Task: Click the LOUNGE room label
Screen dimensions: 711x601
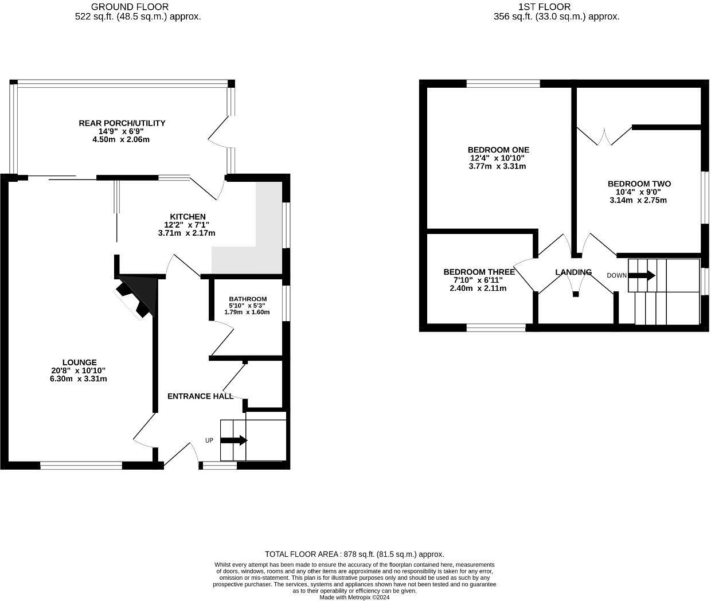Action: pos(80,362)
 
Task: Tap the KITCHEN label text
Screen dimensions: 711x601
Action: pos(188,217)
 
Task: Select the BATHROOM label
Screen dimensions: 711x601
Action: pos(248,299)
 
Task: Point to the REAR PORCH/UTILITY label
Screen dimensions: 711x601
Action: pos(122,123)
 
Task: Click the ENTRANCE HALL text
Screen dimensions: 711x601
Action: pos(200,396)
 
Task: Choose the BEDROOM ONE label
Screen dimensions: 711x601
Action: pos(498,150)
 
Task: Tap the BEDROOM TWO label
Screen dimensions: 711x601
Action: pos(639,184)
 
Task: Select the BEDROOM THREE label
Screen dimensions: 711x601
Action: pos(479,272)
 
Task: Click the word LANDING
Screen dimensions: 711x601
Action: pos(573,272)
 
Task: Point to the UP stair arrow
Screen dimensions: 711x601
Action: pos(233,440)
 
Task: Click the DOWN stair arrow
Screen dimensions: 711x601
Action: pos(642,275)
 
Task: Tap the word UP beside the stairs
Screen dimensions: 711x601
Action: pos(209,440)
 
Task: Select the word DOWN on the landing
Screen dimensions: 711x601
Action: pos(617,275)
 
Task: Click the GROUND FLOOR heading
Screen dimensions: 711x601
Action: pos(130,7)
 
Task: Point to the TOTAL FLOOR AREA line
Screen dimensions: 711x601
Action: pos(354,554)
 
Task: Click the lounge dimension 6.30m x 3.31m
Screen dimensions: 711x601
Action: pos(79,378)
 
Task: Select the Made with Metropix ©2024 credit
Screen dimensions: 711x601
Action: pos(354,597)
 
